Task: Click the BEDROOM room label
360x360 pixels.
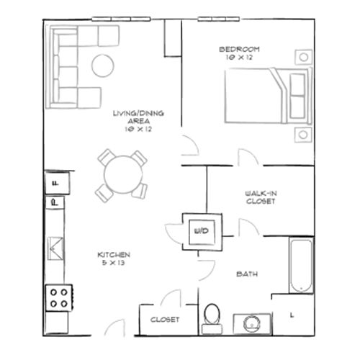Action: pyautogui.click(x=239, y=49)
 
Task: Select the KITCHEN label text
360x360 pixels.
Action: pyautogui.click(x=114, y=256)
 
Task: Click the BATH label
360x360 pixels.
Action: pyautogui.click(x=247, y=274)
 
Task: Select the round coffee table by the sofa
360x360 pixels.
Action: pyautogui.click(x=103, y=66)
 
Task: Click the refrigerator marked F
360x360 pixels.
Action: pyautogui.click(x=56, y=185)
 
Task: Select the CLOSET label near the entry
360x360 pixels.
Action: pyautogui.click(x=164, y=319)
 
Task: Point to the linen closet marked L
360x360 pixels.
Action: pyautogui.click(x=292, y=315)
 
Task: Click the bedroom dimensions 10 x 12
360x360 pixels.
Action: pyautogui.click(x=239, y=58)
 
